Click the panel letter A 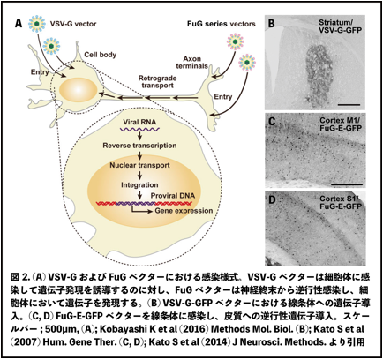click(19, 24)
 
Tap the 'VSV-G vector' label click(73, 24)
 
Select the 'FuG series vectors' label click(221, 24)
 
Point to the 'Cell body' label click(100, 55)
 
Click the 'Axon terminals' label click(191, 63)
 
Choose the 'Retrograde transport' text click(157, 82)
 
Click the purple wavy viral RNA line click(139, 129)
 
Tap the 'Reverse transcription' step click(139, 146)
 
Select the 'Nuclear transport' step click(139, 165)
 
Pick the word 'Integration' click(139, 185)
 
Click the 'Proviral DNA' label click(173, 196)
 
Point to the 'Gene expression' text click(184, 211)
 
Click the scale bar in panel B click(349, 104)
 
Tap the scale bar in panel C click(347, 184)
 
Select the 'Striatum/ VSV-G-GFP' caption click(340, 26)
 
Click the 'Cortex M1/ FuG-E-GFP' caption click(341, 124)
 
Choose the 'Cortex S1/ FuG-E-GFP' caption click(341, 203)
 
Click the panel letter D click(272, 200)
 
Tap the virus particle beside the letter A click(37, 24)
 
